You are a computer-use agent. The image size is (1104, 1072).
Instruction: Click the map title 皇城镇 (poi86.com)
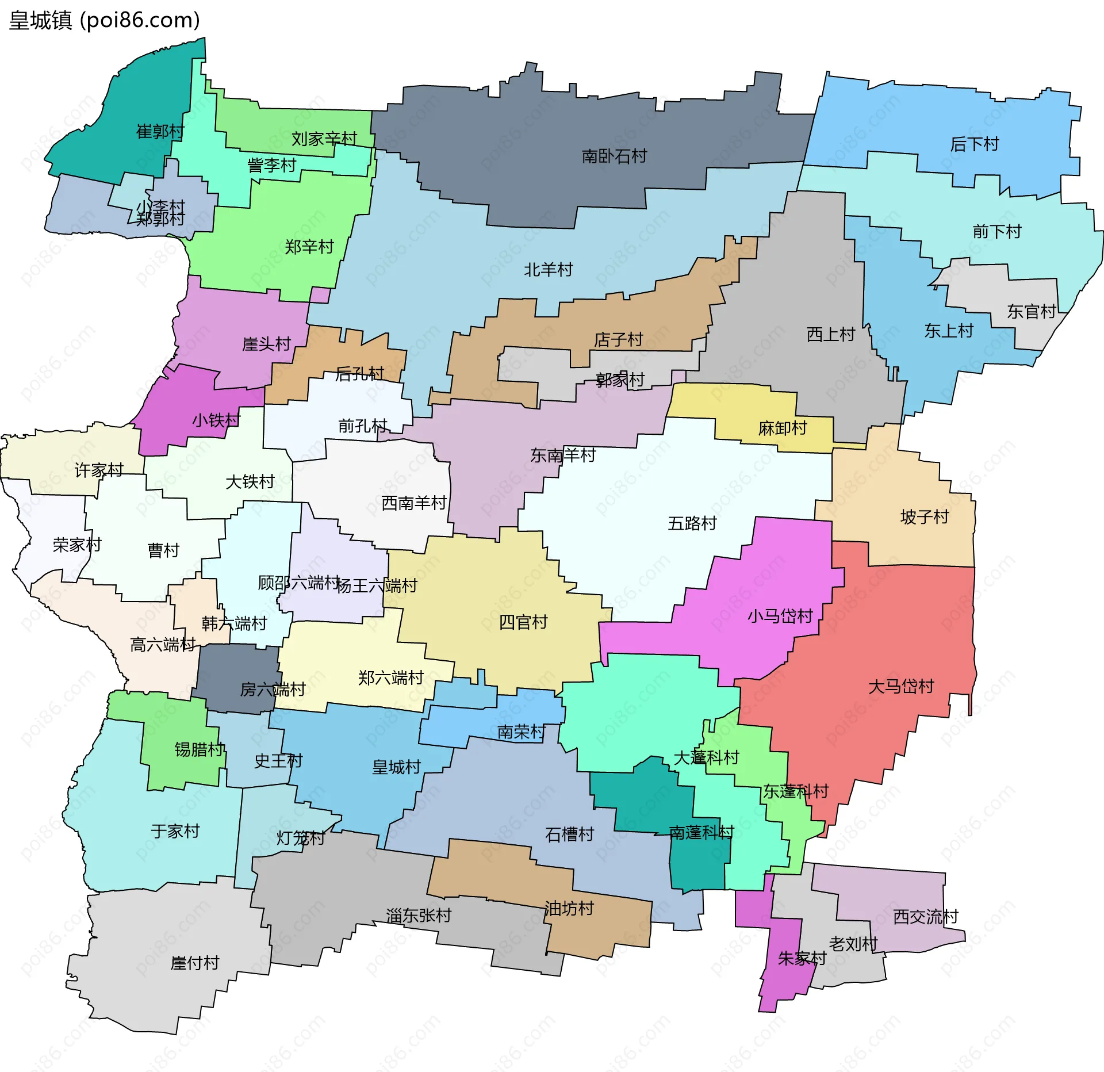pyautogui.click(x=105, y=20)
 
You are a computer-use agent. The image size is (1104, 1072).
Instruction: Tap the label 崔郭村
pyautogui.click(x=160, y=132)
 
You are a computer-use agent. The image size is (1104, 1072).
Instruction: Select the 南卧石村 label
pyautogui.click(x=614, y=156)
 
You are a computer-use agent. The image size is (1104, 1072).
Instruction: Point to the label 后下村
pyautogui.click(x=975, y=144)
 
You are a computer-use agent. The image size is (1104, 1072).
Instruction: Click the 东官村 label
pyautogui.click(x=1032, y=311)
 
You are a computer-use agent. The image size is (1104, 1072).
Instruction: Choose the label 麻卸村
pyautogui.click(x=783, y=428)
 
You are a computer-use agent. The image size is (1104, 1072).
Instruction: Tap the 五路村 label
pyautogui.click(x=692, y=523)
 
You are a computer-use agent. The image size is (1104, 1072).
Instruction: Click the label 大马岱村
pyautogui.click(x=901, y=686)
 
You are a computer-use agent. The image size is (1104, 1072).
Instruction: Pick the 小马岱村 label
pyautogui.click(x=780, y=616)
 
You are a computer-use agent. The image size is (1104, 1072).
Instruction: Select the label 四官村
pyautogui.click(x=523, y=622)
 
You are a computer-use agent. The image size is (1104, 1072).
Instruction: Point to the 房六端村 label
pyautogui.click(x=273, y=689)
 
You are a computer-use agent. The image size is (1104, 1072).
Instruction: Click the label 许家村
pyautogui.click(x=99, y=470)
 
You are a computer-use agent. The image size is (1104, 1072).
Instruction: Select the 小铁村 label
pyautogui.click(x=216, y=420)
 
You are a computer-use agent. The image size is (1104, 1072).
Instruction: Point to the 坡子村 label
pyautogui.click(x=925, y=516)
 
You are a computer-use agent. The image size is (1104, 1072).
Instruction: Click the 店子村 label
pyautogui.click(x=618, y=339)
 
